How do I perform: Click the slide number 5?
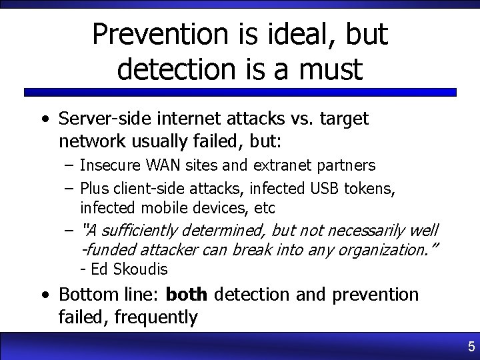[x=471, y=347]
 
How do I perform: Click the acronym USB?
[x=326, y=188]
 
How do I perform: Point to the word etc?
[x=264, y=208]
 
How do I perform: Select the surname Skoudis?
[x=141, y=269]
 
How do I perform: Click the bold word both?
[x=188, y=294]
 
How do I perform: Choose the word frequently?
[x=156, y=317]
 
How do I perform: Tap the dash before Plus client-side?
[x=69, y=188]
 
